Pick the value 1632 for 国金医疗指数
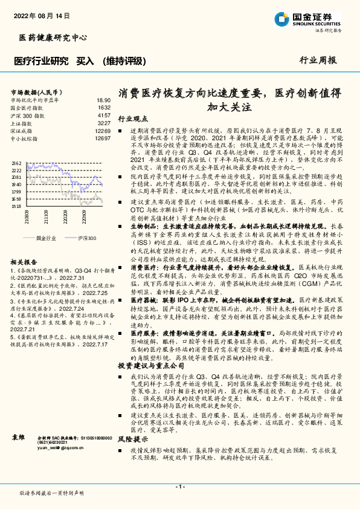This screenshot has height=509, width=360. point(104,108)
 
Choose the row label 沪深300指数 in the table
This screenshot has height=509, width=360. point(28,115)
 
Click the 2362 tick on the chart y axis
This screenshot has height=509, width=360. point(16,163)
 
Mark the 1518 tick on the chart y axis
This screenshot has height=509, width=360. point(16,206)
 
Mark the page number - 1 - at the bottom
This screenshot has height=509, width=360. point(179,486)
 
